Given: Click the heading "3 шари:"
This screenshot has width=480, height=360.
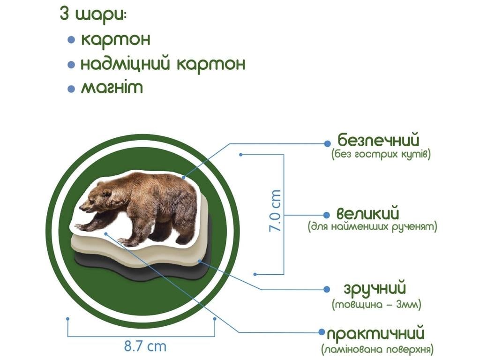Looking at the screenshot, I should (x=93, y=14).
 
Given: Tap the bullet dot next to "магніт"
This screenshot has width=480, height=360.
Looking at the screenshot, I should (x=71, y=89).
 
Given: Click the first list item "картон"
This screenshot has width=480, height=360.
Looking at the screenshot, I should (x=116, y=39).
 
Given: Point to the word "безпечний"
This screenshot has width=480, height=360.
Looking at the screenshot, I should (x=378, y=140).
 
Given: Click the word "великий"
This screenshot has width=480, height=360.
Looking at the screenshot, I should (x=368, y=214).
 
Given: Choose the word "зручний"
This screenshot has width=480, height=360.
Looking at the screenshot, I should (x=375, y=289).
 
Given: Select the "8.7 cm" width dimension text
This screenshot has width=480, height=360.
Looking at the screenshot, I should (x=145, y=347).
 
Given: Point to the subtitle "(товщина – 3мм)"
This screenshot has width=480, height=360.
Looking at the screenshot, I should (x=376, y=305).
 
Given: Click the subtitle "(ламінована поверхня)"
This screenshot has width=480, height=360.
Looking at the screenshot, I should (x=377, y=350).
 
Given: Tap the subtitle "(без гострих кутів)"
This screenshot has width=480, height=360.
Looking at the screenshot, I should (x=380, y=154).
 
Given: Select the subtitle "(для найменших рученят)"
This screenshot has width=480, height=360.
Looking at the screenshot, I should (x=373, y=227).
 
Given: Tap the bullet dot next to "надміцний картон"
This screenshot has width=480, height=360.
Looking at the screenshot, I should (x=71, y=64).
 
